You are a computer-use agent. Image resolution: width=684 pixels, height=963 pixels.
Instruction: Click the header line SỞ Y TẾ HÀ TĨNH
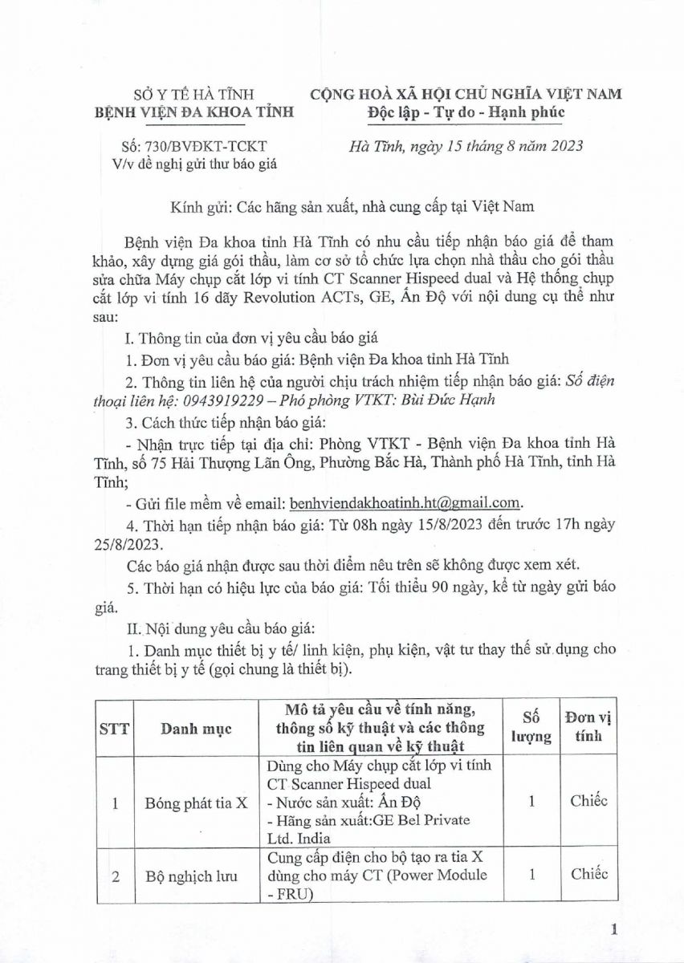click(x=192, y=93)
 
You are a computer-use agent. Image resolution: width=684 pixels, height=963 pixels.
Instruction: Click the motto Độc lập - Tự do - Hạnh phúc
click(x=461, y=112)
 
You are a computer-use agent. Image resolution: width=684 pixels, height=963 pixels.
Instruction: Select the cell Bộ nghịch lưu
click(x=197, y=876)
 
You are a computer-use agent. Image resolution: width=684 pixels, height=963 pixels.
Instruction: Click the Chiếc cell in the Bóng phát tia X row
click(x=588, y=800)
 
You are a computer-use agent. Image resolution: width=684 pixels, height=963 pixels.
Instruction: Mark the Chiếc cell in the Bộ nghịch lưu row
click(x=588, y=875)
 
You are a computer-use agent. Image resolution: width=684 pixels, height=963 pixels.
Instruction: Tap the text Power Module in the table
click(x=443, y=876)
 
